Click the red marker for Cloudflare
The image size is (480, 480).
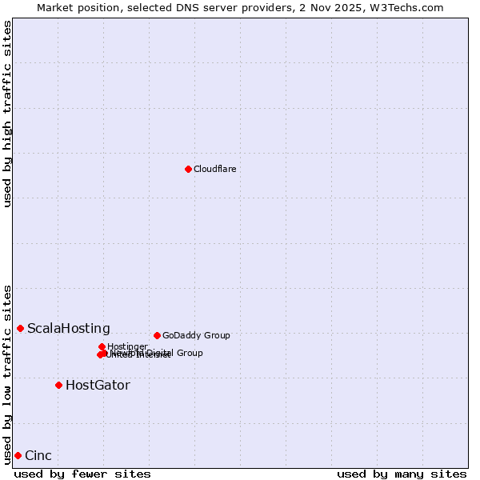point(188,169)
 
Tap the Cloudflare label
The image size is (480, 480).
point(215,169)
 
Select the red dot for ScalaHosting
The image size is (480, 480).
point(20,328)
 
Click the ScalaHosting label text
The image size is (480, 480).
point(69,328)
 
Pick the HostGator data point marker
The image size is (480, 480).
point(58,385)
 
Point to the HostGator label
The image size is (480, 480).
point(98,385)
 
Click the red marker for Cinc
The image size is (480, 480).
point(18,455)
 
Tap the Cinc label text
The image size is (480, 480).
point(38,455)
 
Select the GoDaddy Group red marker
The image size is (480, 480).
point(157,335)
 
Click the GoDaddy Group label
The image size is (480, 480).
point(196,335)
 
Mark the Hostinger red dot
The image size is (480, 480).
point(102,346)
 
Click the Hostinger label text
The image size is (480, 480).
point(127,346)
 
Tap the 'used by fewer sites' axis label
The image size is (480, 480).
point(82,474)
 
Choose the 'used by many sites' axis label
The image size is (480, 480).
point(402,474)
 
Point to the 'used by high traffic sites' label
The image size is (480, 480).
point(7,114)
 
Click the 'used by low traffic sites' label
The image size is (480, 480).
point(7,374)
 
